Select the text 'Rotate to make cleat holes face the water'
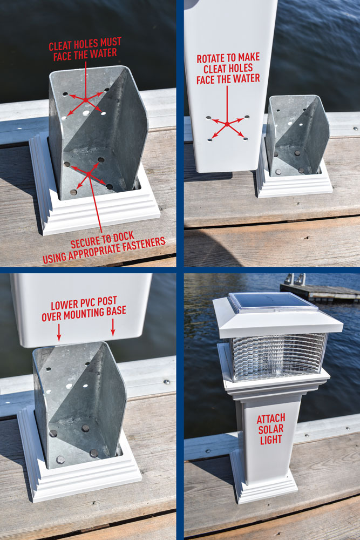pyautogui.click(x=228, y=68)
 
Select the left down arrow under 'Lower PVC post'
pyautogui.click(x=59, y=335)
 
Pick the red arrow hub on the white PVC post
pyautogui.click(x=227, y=124)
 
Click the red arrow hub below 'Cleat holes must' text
pyautogui.click(x=85, y=99)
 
